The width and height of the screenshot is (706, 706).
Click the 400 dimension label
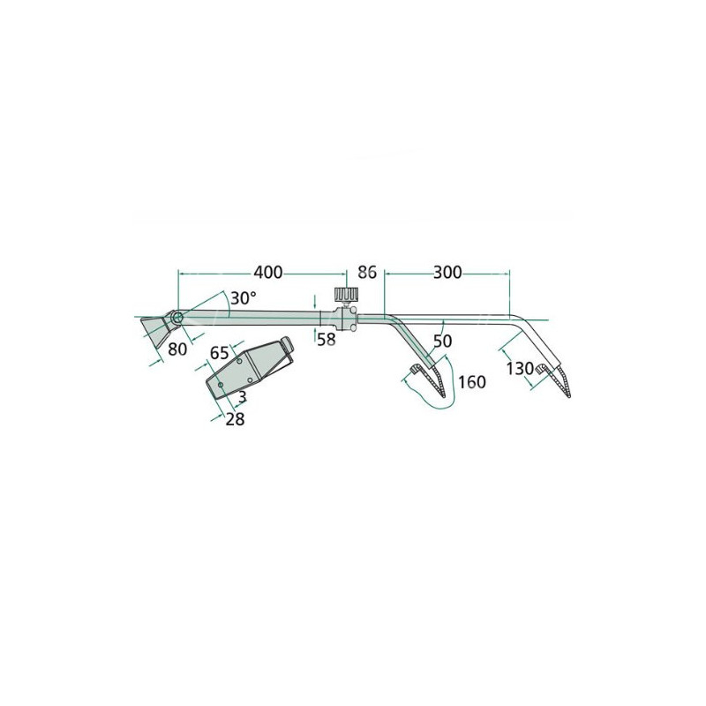point(268,273)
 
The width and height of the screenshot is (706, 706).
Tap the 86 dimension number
point(367,273)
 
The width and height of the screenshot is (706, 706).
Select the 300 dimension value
point(447,273)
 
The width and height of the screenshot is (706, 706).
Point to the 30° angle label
point(244,298)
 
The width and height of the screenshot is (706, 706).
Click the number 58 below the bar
point(327,339)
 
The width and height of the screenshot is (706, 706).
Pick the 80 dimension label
point(177,349)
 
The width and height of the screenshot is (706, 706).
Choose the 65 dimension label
point(219,353)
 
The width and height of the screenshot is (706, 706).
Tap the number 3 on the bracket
point(242,397)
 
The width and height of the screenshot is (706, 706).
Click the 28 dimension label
point(235,419)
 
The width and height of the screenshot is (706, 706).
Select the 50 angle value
point(442,342)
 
